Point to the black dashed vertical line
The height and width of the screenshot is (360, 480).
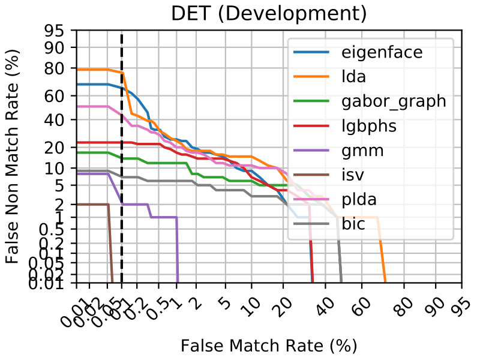(x=122, y=180)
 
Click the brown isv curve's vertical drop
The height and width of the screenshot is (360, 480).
(x=110, y=246)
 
